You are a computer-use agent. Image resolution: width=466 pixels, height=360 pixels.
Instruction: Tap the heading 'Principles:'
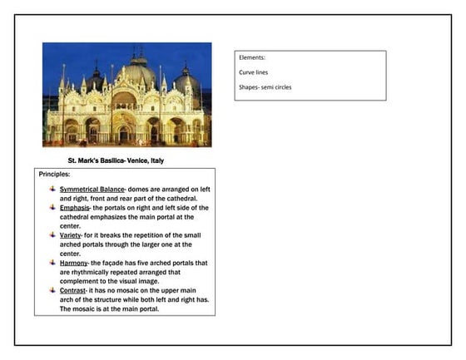click(x=55, y=175)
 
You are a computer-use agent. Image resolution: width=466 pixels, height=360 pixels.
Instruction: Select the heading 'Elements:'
click(x=252, y=58)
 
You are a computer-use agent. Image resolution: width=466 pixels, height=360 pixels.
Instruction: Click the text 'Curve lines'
click(x=255, y=72)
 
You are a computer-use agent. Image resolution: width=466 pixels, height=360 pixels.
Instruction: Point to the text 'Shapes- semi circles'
click(x=267, y=86)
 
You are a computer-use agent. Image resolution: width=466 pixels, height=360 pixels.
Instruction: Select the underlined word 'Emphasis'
click(x=74, y=208)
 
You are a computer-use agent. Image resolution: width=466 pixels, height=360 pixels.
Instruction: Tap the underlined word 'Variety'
click(x=71, y=235)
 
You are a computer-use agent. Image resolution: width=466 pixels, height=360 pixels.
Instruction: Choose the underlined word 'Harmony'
click(x=73, y=263)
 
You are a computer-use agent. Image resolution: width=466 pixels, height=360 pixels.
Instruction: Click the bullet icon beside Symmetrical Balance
click(x=52, y=190)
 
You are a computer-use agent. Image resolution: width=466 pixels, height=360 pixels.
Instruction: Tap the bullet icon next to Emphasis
click(x=52, y=208)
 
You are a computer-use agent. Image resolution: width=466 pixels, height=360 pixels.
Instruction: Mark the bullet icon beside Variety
click(x=52, y=235)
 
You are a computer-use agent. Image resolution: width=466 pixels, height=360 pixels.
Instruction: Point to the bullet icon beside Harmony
click(x=52, y=263)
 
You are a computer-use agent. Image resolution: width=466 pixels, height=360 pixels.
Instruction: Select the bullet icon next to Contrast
click(x=52, y=290)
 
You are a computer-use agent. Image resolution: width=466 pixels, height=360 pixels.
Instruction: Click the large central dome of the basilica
click(x=138, y=73)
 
